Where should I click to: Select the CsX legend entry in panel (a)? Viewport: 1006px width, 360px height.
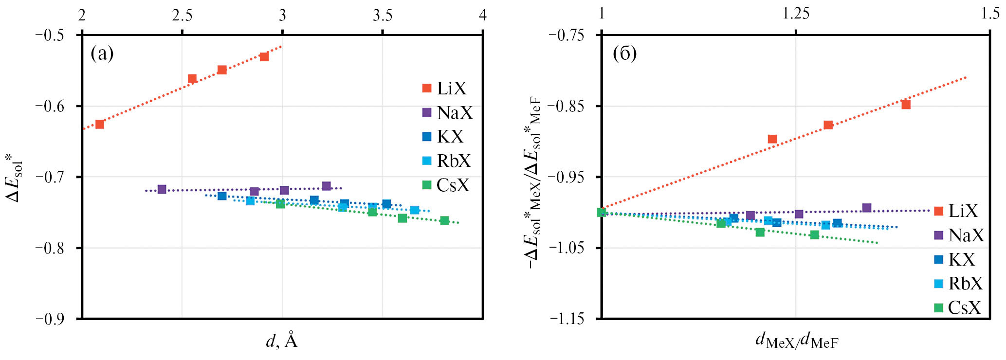pyautogui.click(x=445, y=185)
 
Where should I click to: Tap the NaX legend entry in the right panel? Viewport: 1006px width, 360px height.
pyautogui.click(x=958, y=235)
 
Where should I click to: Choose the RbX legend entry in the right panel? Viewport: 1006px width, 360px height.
pyautogui.click(x=958, y=283)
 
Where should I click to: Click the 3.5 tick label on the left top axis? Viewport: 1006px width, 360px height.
pyautogui.click(x=383, y=16)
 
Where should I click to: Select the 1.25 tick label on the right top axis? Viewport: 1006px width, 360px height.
pyautogui.click(x=796, y=14)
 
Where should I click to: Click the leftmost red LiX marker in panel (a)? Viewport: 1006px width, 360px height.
pyautogui.click(x=100, y=124)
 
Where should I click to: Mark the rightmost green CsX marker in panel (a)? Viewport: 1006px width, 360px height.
pyautogui.click(x=444, y=220)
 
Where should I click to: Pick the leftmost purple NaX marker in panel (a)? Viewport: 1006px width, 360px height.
pyautogui.click(x=162, y=189)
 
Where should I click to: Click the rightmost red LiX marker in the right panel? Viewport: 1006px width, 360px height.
pyautogui.click(x=906, y=105)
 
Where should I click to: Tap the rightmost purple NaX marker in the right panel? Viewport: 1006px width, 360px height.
pyautogui.click(x=866, y=208)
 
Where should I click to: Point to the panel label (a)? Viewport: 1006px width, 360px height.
pyautogui.click(x=102, y=54)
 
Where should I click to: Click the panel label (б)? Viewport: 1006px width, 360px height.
pyautogui.click(x=624, y=54)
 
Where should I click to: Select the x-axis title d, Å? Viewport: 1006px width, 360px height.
pyautogui.click(x=282, y=341)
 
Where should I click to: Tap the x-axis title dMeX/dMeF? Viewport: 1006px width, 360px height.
pyautogui.click(x=796, y=341)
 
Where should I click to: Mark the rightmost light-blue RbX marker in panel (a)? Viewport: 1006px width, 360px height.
pyautogui.click(x=415, y=210)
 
